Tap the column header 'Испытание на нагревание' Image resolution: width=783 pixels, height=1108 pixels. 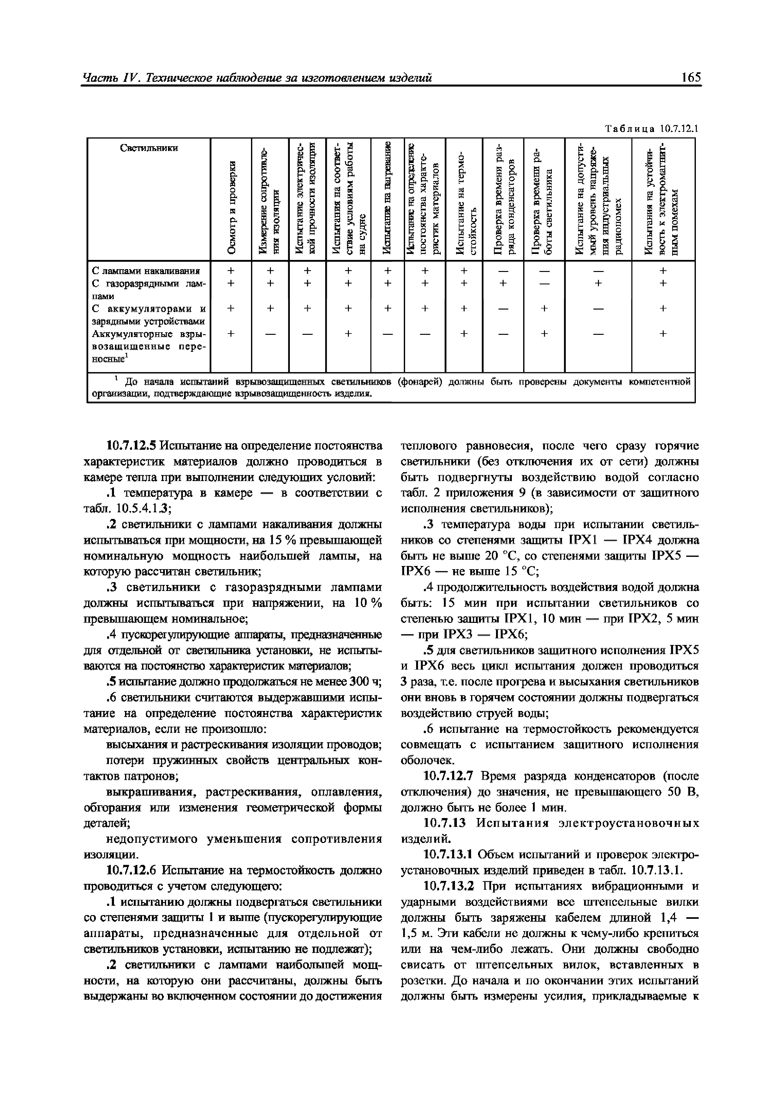pyautogui.click(x=386, y=198)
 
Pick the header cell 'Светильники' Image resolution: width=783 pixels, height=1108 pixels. pyautogui.click(x=149, y=148)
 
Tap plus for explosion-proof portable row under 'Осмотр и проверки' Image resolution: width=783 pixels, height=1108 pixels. pyautogui.click(x=230, y=333)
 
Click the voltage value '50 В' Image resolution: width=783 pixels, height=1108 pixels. pyautogui.click(x=683, y=792)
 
